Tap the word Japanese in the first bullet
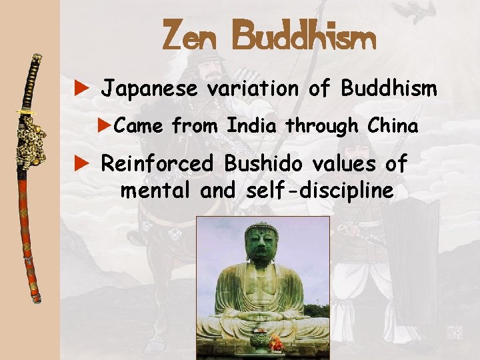point(149,89)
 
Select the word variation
point(253,89)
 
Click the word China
point(394,125)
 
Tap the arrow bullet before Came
point(105,125)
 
